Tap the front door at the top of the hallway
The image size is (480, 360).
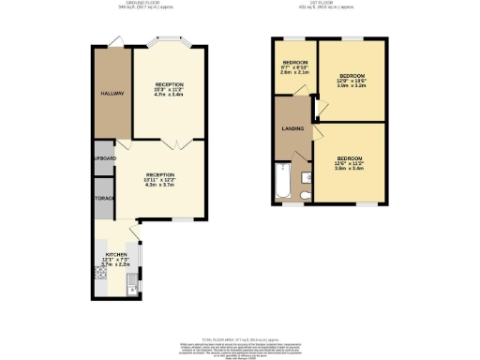(x=114, y=42)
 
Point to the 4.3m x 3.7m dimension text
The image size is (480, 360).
(x=159, y=185)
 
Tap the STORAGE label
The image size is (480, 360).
(x=103, y=200)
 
